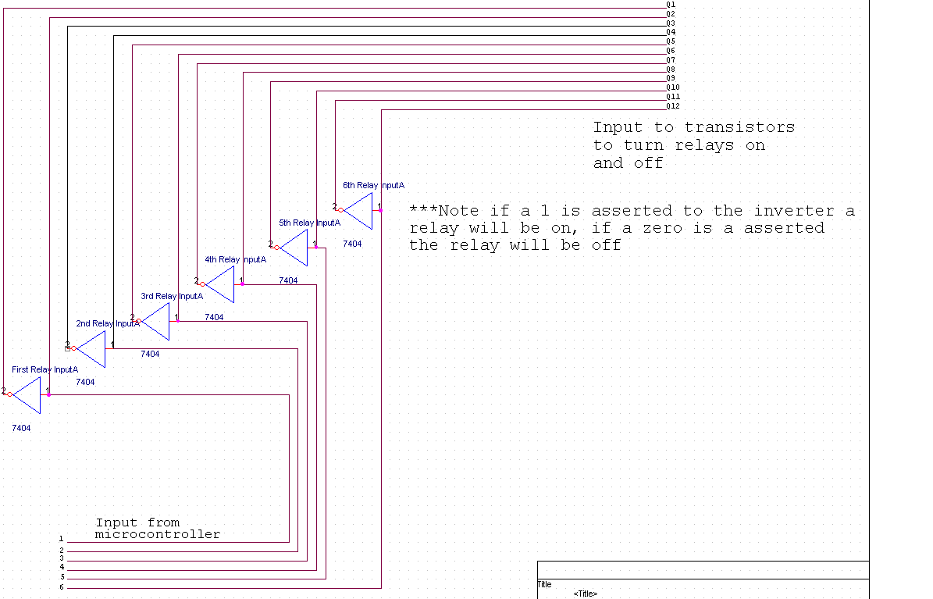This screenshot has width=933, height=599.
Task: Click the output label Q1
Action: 671,5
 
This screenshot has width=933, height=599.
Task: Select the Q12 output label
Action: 673,106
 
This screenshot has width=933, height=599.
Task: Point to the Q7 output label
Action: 671,60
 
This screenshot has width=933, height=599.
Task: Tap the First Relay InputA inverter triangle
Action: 27,395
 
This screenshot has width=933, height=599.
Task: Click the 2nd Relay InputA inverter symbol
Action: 91,349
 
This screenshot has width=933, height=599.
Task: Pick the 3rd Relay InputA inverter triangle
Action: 156,321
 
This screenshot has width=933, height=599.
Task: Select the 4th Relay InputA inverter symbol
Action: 220,284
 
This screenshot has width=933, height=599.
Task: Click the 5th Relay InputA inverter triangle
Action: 294,248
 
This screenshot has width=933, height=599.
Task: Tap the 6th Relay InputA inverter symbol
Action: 359,211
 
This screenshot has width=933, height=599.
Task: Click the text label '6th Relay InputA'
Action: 373,185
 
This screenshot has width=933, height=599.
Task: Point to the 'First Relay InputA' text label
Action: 45,369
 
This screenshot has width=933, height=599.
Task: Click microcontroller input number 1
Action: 61,539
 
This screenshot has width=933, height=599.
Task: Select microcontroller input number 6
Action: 61,587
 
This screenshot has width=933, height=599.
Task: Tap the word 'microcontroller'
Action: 158,535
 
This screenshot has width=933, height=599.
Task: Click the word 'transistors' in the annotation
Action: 740,127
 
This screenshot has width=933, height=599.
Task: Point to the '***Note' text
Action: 438,211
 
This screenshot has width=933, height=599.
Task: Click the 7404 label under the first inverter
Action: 21,428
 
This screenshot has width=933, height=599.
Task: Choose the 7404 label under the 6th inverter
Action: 352,244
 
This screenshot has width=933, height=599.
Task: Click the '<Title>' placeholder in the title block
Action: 586,594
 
